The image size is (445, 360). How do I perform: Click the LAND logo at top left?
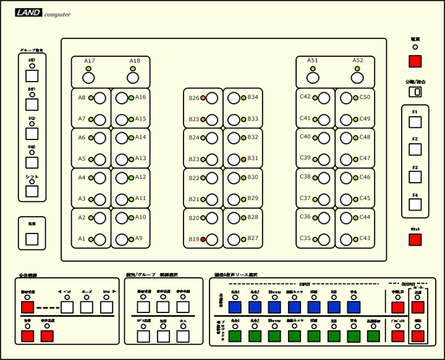click(x=29, y=12)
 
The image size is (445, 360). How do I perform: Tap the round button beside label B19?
click(x=212, y=239)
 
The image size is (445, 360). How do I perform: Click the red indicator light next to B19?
click(x=203, y=239)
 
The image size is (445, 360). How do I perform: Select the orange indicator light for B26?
click(x=203, y=98)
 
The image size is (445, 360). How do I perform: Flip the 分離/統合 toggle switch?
click(x=415, y=91)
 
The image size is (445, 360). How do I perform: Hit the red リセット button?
click(x=415, y=240)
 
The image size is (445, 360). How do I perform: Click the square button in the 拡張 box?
click(x=32, y=239)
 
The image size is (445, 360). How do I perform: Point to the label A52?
click(x=358, y=60)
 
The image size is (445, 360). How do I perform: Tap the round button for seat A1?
click(x=100, y=239)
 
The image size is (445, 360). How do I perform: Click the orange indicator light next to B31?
click(x=244, y=159)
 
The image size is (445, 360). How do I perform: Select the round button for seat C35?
click(x=324, y=239)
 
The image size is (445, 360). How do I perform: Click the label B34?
click(x=253, y=98)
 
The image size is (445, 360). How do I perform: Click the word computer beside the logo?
click(x=57, y=15)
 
